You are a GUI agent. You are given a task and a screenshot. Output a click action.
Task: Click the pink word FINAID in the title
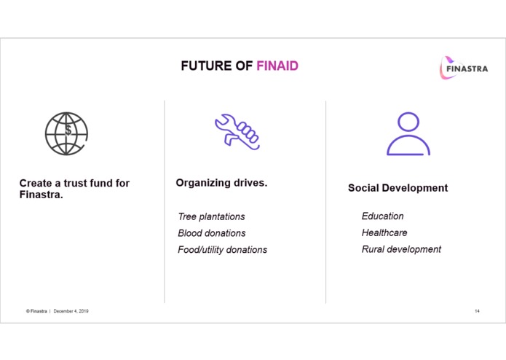tap(277, 66)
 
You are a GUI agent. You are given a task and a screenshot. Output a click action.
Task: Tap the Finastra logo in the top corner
tap(463, 69)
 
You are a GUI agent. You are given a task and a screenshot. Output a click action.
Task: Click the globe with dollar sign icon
tap(66, 133)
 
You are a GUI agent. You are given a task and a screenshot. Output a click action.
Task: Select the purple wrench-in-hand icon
tap(237, 131)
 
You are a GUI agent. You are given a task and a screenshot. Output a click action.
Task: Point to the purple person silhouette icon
tap(408, 134)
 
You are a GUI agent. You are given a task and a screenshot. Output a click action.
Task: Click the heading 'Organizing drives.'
tap(221, 183)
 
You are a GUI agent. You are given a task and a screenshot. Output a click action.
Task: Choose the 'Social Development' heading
tap(398, 188)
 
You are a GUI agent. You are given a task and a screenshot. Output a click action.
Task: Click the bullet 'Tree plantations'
tap(211, 216)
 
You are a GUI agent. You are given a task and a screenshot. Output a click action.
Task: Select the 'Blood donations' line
tap(211, 233)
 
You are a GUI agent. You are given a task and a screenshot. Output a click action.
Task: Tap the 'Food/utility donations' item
tap(222, 250)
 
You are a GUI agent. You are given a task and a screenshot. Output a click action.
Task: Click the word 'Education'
tap(382, 216)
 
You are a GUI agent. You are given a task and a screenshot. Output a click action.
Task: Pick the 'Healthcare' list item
tap(384, 232)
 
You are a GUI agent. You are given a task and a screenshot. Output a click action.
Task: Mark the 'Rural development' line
tap(401, 249)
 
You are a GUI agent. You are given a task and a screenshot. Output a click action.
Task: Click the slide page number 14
tap(477, 311)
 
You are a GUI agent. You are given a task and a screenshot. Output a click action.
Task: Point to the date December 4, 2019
tap(71, 311)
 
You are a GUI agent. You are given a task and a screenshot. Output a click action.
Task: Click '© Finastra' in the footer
tap(36, 311)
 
